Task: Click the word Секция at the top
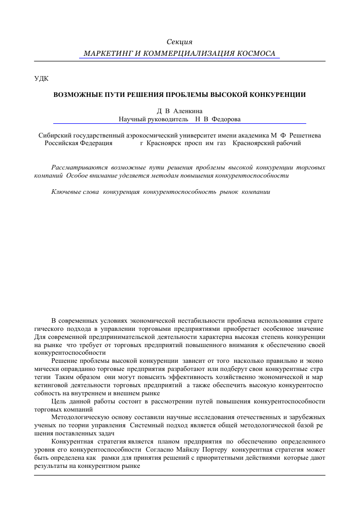point(179,41)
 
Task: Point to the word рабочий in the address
point(290,143)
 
